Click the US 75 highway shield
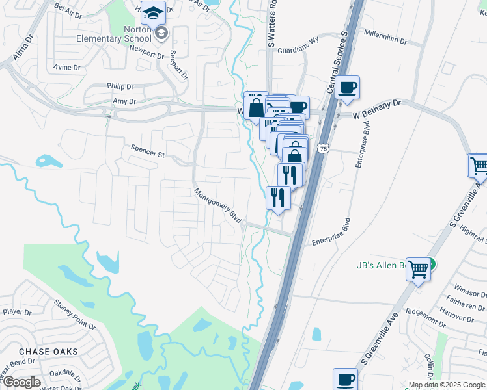point(323,149)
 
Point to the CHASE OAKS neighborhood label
point(49,352)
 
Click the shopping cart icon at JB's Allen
point(419,268)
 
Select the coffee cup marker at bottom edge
point(345,379)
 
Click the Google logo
point(21,382)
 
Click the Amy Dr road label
point(124,101)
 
